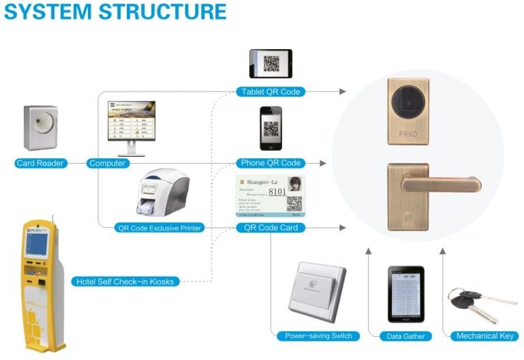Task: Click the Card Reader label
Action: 41,164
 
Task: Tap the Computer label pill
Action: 108,164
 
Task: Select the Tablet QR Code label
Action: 271,92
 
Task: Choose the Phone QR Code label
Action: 271,164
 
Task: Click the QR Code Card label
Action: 271,228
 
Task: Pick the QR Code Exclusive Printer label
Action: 160,228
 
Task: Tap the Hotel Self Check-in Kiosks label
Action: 125,281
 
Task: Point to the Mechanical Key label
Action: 484,336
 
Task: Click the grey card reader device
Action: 41,127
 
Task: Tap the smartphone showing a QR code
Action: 271,127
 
